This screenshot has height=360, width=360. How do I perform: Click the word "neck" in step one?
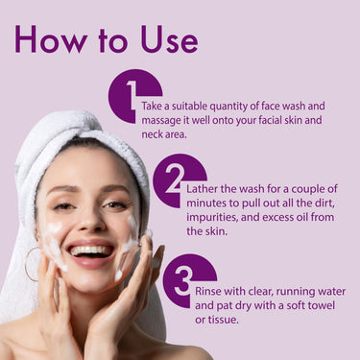(x=156, y=137)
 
